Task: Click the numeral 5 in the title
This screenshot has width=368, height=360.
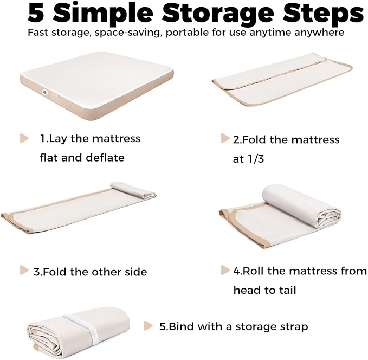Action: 36,13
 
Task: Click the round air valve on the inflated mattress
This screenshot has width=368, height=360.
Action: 44,92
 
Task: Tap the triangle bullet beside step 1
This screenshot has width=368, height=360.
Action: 24,138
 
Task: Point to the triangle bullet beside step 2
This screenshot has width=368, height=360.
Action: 225,138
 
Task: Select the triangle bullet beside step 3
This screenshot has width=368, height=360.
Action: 24,270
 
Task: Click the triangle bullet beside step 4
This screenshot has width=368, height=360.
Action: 225,270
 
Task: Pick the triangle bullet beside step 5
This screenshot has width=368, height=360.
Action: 148,325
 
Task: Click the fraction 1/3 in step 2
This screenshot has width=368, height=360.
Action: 256,159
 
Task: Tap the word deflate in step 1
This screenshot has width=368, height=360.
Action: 105,158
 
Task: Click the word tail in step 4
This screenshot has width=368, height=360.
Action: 287,290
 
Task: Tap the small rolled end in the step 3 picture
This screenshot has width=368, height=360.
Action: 133,190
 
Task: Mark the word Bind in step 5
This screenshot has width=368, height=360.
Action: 182,326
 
